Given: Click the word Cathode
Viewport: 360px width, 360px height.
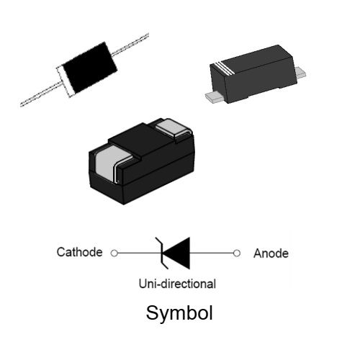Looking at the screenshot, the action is [x=79, y=252].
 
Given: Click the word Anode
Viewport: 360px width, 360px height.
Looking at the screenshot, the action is [x=271, y=253].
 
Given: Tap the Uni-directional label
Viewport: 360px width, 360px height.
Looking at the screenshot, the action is [x=177, y=284].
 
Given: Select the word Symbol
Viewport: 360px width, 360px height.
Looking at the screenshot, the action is [x=179, y=313].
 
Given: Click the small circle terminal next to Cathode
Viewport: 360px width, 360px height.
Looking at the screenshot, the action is [x=114, y=253].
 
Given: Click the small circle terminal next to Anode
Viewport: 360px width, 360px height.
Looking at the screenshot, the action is [x=237, y=253].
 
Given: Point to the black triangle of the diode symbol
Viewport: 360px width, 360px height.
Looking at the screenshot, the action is [x=178, y=253].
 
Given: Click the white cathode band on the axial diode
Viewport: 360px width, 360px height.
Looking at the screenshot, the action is [x=64, y=81].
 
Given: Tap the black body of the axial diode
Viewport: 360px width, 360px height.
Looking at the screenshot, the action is [x=90, y=68].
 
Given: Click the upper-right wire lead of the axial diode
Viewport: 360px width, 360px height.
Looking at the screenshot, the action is [x=130, y=45].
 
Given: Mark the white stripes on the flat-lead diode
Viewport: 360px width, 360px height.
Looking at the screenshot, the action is [x=224, y=68].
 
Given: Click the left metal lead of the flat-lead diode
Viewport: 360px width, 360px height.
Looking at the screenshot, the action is [x=215, y=98].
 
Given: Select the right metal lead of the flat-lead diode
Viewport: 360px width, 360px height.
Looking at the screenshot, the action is [x=300, y=73].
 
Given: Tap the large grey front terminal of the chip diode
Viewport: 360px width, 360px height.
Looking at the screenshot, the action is [x=112, y=163].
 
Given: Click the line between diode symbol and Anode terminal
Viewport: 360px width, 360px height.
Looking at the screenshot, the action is [x=212, y=253].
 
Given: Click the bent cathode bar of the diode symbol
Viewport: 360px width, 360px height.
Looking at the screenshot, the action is [x=162, y=253].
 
